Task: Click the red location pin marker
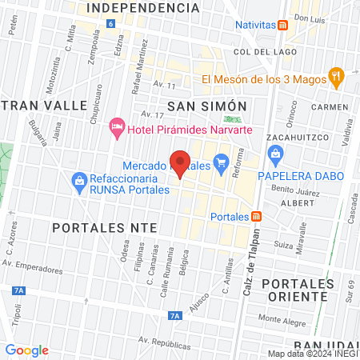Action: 181,163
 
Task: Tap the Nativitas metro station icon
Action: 283,25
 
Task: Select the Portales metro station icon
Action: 256,216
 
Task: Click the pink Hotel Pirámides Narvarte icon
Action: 118,126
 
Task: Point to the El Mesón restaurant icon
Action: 337,78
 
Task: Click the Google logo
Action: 27,350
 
